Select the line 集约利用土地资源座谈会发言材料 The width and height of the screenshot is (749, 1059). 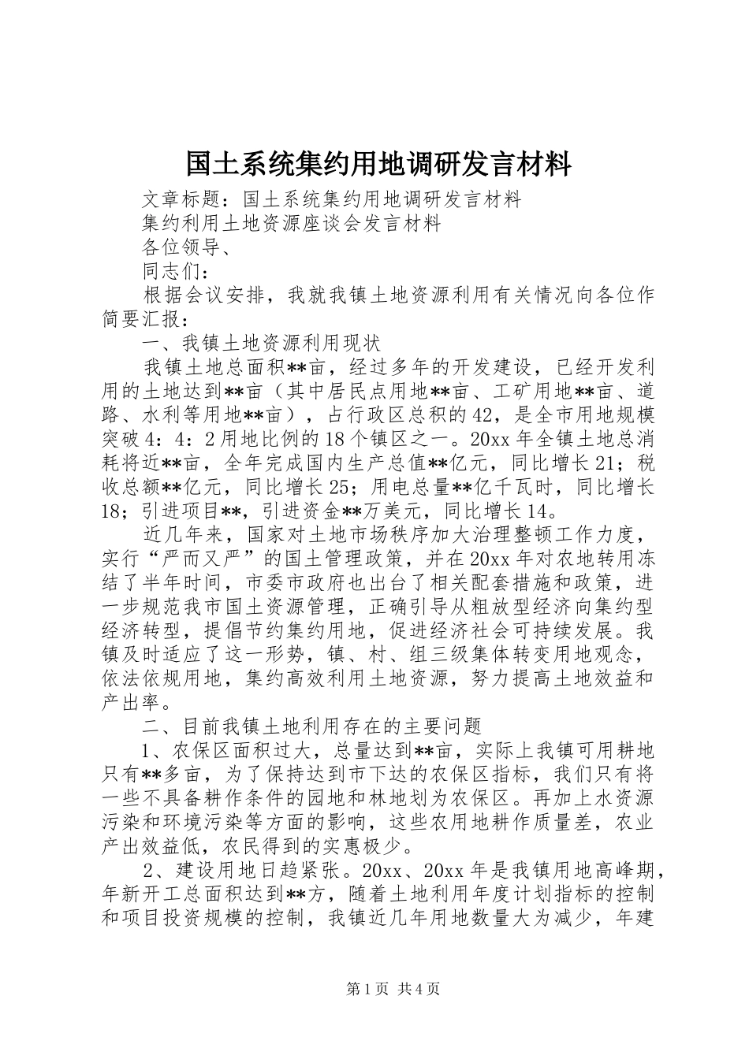tap(292, 224)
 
